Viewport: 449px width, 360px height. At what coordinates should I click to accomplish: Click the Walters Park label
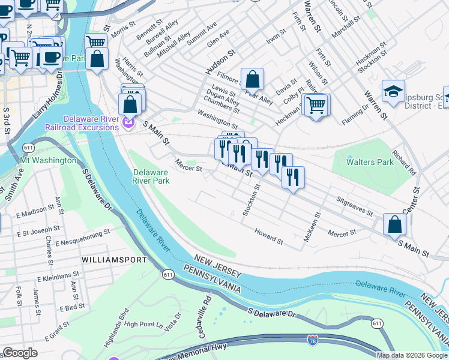(370, 162)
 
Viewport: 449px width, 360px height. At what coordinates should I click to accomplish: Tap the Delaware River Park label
(151, 176)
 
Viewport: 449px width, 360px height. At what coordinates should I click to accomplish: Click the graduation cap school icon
(393, 91)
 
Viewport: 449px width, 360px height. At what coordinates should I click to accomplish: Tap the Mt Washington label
(49, 161)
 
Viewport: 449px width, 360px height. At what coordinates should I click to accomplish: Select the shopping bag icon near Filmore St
(253, 79)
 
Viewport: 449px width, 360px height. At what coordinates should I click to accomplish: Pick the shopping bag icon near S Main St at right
(394, 224)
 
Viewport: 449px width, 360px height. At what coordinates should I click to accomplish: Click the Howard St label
(268, 236)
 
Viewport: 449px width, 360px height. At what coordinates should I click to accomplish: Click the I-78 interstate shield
(312, 340)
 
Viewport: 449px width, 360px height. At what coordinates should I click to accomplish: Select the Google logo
(20, 353)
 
